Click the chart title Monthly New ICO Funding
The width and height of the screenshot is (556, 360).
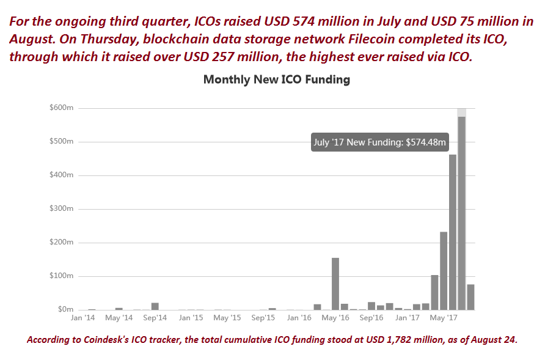[x=276, y=79]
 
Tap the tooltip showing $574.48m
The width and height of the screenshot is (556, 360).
[x=380, y=142]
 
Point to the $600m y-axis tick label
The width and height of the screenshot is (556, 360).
[x=61, y=108]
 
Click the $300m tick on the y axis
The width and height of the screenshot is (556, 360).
[x=61, y=209]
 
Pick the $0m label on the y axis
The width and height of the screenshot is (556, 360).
[x=65, y=310]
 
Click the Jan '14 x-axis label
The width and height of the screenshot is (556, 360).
[x=82, y=318]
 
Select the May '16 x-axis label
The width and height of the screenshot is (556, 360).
[x=335, y=318]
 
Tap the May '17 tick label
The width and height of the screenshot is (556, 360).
[x=444, y=318]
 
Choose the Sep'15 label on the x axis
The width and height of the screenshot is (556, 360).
[x=263, y=318]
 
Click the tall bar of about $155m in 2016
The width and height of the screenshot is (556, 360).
[x=335, y=284]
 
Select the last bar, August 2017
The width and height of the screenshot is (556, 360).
[x=470, y=297]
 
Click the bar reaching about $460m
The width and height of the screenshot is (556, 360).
[x=453, y=232]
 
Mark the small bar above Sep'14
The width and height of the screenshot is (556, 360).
[x=155, y=306]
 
